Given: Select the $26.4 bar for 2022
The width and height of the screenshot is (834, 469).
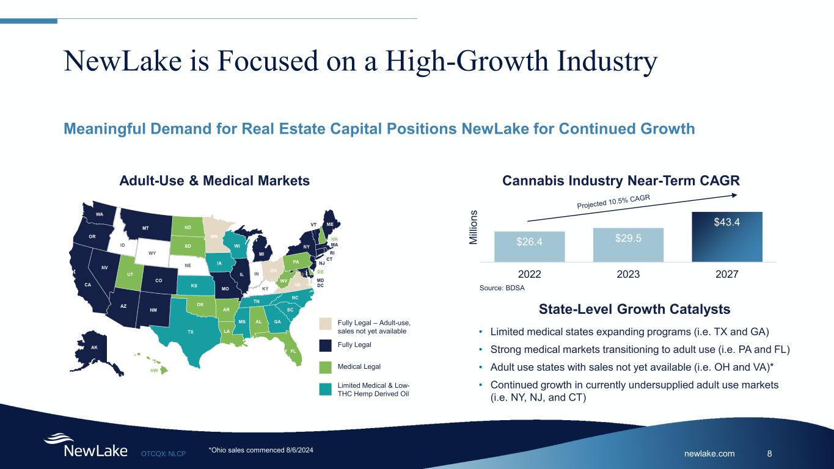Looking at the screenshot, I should [x=529, y=246].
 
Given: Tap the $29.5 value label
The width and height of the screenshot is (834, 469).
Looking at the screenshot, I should [x=628, y=238].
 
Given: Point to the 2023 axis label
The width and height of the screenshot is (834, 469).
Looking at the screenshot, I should [x=628, y=275].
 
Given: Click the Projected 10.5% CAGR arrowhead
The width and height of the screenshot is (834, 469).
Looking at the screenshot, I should [x=736, y=195].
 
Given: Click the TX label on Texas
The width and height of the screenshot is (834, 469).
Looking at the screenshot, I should [x=191, y=332].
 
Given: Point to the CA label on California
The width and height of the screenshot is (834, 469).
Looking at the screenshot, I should [x=88, y=285].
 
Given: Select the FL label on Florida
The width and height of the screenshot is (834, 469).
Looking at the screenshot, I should [x=293, y=351].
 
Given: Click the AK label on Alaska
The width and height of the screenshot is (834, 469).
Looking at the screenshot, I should [x=94, y=347].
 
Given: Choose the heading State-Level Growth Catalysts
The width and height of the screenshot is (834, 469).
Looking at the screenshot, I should [x=634, y=310].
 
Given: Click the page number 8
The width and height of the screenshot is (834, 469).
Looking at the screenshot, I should [x=769, y=454].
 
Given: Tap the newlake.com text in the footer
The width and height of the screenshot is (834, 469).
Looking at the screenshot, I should [x=709, y=454].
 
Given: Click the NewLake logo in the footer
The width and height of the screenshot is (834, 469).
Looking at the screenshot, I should [x=86, y=446].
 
